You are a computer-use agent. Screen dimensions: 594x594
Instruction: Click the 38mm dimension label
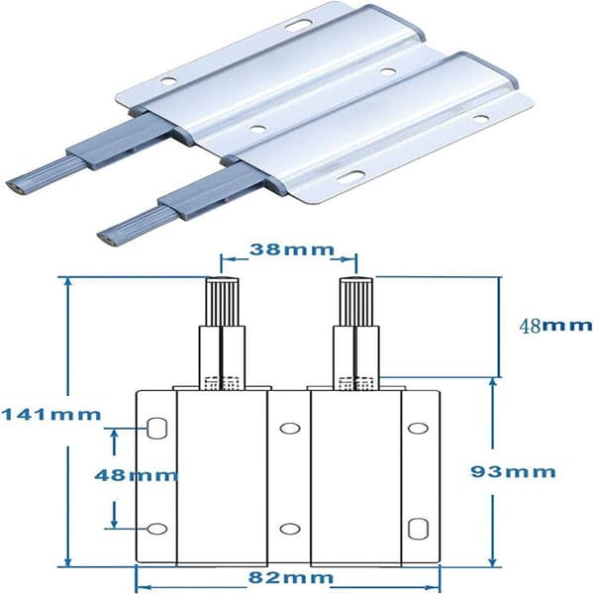(292, 250)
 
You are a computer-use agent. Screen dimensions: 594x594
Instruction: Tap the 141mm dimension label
(51, 415)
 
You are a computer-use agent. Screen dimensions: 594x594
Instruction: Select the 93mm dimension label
(513, 472)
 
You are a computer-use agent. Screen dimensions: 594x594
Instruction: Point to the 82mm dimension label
(291, 578)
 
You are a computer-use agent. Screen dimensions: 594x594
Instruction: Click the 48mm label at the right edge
(555, 325)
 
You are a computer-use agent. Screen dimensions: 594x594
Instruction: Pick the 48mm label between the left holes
(136, 474)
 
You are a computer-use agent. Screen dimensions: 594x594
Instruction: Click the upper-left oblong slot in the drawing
(156, 428)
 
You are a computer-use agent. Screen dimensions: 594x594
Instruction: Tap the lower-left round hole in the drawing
(156, 529)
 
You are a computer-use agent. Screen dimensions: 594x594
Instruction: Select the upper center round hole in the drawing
(290, 428)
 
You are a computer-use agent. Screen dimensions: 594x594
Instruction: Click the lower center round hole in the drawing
(290, 529)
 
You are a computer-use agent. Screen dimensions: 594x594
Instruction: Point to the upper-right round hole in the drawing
(418, 428)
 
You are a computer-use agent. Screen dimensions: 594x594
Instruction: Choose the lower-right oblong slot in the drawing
(418, 529)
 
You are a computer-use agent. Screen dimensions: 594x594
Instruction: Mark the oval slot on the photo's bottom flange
(351, 175)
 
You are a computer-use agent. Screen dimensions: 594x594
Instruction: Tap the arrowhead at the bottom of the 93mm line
(492, 561)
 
